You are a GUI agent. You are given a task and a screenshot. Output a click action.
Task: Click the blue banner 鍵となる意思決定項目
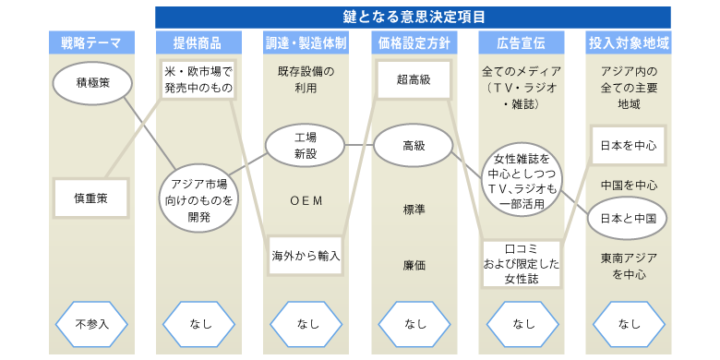[414, 16]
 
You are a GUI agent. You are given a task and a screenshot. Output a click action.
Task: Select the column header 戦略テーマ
[91, 42]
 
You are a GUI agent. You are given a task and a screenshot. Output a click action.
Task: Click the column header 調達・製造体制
[305, 42]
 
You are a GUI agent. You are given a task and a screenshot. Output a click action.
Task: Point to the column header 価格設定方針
[414, 42]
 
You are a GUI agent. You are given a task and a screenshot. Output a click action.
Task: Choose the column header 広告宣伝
[521, 42]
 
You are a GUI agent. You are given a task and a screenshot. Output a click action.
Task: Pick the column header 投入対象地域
[629, 42]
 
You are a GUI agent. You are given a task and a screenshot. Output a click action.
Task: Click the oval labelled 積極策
[92, 84]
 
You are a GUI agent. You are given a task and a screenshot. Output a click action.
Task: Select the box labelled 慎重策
[92, 198]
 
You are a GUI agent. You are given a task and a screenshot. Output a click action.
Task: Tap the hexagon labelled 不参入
[92, 324]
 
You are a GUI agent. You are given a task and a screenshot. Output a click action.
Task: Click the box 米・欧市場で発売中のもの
[198, 79]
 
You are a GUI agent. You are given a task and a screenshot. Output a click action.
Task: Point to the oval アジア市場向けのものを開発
[198, 199]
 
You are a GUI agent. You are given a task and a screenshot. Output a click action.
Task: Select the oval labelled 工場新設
[305, 144]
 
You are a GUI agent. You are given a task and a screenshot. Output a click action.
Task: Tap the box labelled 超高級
[414, 79]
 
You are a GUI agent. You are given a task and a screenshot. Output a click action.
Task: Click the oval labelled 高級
[414, 145]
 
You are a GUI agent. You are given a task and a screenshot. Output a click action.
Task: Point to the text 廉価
[414, 265]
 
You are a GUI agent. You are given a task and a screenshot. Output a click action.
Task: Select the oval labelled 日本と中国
[629, 219]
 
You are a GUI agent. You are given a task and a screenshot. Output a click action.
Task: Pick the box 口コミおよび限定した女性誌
[521, 262]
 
